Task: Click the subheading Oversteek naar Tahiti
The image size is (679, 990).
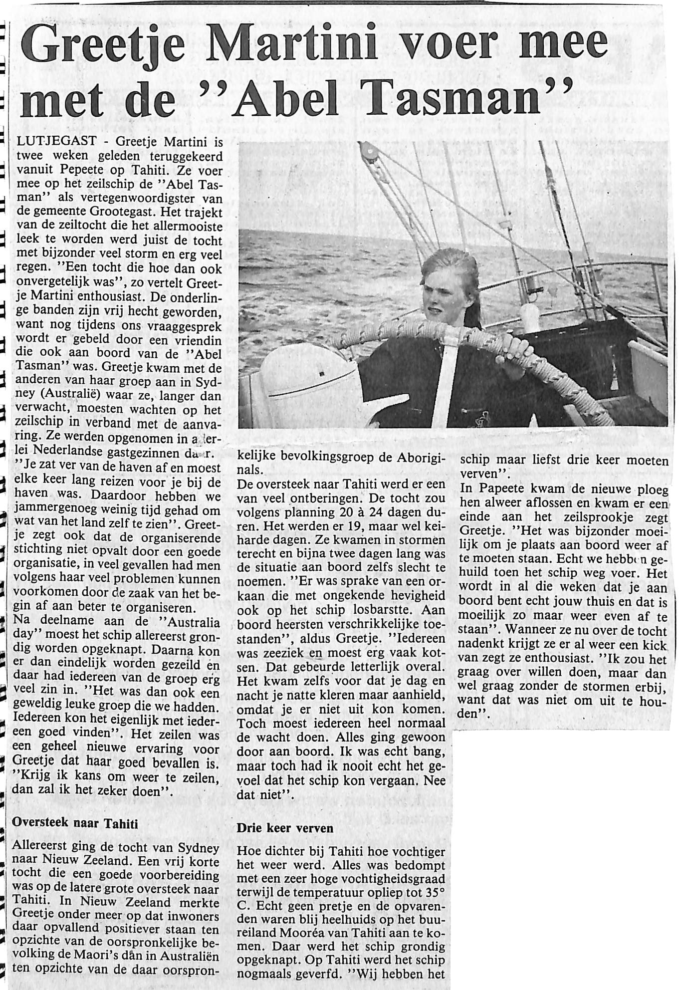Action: pos(75,823)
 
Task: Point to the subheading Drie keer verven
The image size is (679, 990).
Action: pos(285,828)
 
